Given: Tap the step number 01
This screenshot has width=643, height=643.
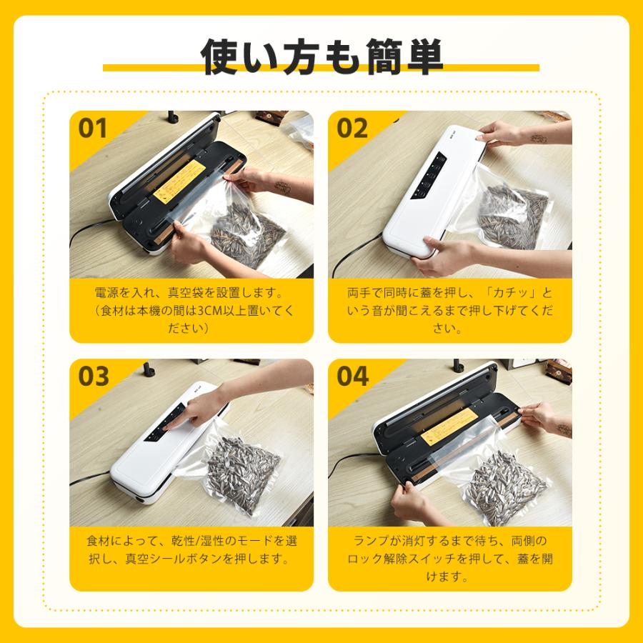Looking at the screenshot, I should (x=93, y=129).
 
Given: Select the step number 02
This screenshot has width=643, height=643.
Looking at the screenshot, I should (x=352, y=129).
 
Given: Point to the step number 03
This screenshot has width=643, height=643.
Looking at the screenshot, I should (x=93, y=376).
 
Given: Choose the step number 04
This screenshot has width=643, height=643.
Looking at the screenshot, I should (x=352, y=376).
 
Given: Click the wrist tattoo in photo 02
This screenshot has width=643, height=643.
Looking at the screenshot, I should (x=539, y=138).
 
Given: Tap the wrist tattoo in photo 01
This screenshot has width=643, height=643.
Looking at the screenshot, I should (x=283, y=187).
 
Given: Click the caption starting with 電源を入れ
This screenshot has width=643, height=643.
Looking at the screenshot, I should (x=191, y=311).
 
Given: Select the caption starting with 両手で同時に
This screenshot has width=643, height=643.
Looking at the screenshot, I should (x=449, y=311).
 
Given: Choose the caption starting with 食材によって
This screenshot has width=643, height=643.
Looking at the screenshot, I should (x=191, y=549).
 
